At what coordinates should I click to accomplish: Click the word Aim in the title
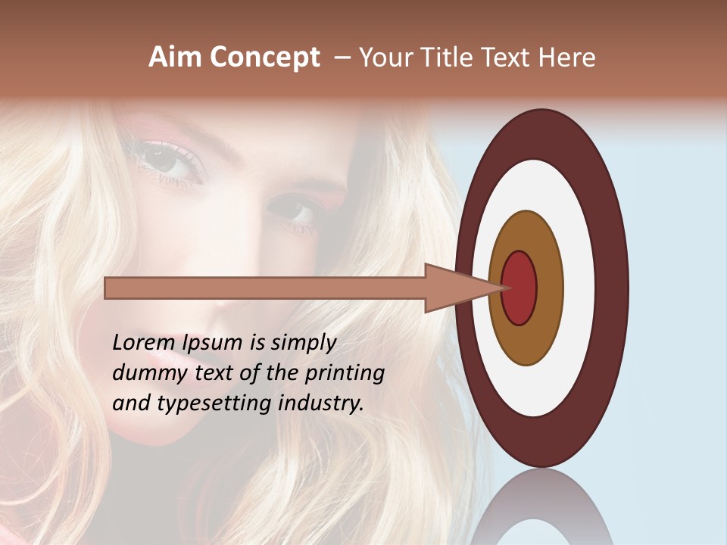coord(176,58)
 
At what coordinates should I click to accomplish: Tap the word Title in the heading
coord(453,58)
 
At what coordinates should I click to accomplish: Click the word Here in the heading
coord(569,58)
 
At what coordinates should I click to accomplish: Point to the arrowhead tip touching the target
coord(504,288)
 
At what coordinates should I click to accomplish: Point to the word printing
coord(345,374)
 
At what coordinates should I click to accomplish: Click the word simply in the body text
coord(303,344)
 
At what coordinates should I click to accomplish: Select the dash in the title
coord(342,58)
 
